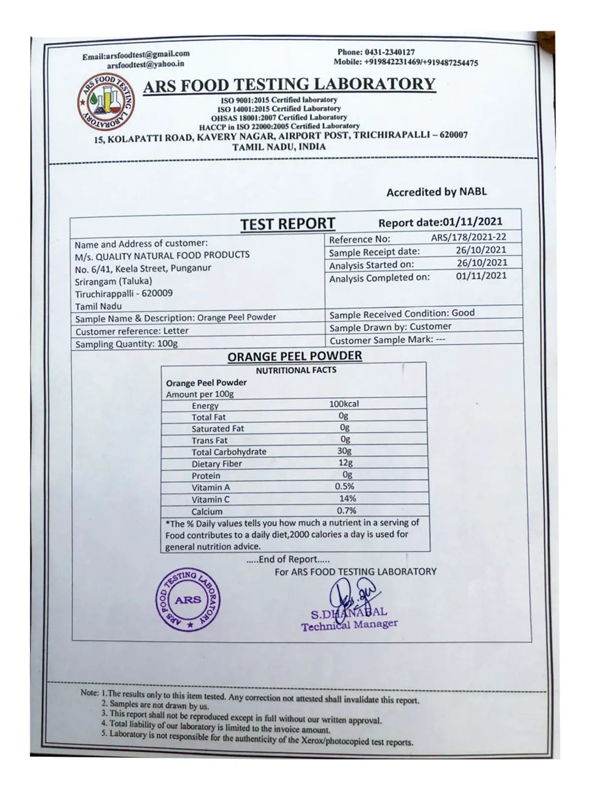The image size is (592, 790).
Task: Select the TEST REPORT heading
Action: tap(288, 224)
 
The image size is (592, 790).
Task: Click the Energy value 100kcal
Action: tap(344, 404)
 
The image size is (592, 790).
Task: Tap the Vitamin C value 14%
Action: tap(347, 499)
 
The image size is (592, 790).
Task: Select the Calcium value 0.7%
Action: tap(346, 511)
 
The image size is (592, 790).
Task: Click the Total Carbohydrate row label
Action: tap(229, 452)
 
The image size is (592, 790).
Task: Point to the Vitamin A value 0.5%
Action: tap(344, 486)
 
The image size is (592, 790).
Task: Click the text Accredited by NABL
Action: tap(436, 192)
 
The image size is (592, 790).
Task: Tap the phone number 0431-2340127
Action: tap(390, 52)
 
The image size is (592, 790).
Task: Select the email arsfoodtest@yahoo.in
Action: tap(146, 64)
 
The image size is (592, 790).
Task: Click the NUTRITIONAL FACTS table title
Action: tap(296, 370)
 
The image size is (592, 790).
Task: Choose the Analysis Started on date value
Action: tap(481, 263)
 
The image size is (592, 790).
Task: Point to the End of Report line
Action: tap(288, 559)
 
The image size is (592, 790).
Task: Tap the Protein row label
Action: tap(206, 475)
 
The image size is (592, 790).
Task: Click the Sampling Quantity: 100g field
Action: tap(126, 344)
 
